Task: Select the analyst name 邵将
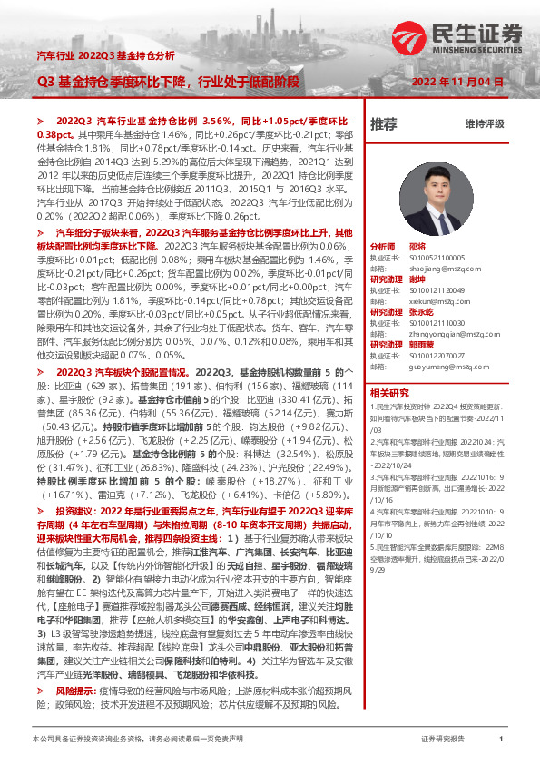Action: (417, 246)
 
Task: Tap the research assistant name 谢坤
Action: (417, 279)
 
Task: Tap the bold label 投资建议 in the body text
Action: (75, 512)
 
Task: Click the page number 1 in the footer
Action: (501, 740)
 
